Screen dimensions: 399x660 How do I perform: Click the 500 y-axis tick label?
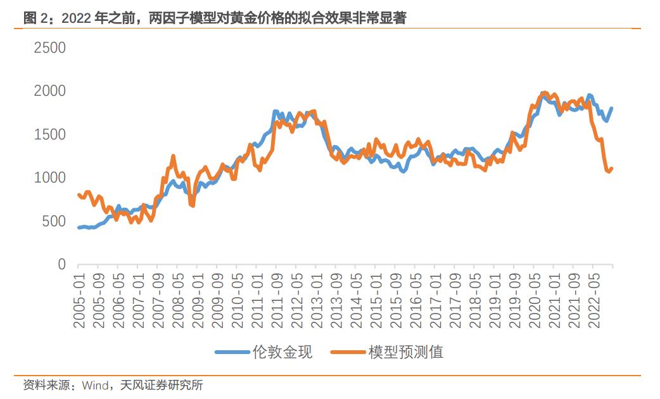pyautogui.click(x=53, y=222)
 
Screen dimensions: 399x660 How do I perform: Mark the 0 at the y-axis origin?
pyautogui.click(x=61, y=265)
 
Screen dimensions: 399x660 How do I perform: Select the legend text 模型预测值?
pyautogui.click(x=406, y=352)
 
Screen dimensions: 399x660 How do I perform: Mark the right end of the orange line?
pyautogui.click(x=612, y=168)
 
